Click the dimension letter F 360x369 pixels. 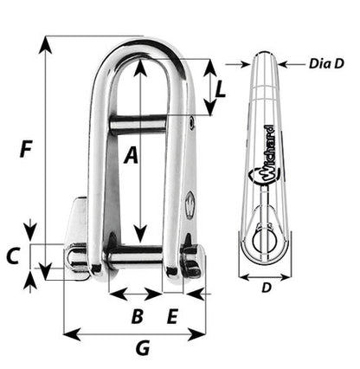click(x=26, y=149)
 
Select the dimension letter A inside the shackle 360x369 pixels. click(x=131, y=155)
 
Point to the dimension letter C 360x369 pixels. click(x=13, y=256)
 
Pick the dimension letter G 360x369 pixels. click(x=143, y=348)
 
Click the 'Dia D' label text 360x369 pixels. click(x=326, y=63)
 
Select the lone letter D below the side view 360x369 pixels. click(x=267, y=288)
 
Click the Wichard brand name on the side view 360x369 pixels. click(x=268, y=153)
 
